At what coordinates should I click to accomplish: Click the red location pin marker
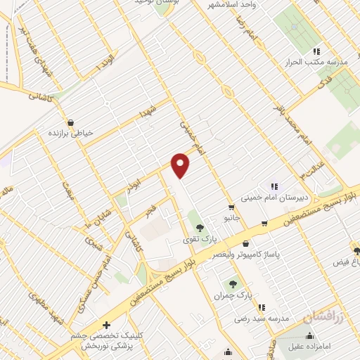[181, 165]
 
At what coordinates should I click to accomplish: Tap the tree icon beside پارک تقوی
[200, 226]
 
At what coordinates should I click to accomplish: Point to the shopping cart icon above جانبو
[231, 207]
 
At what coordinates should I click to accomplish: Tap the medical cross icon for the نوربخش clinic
[105, 325]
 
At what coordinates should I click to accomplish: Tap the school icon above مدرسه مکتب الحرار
[316, 51]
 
